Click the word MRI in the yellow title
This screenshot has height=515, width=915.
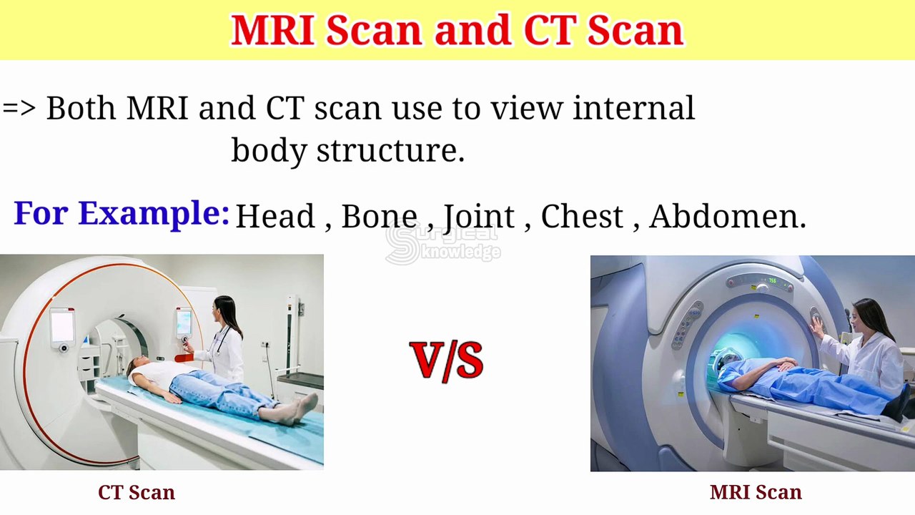(272, 30)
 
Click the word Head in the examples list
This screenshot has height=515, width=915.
(274, 216)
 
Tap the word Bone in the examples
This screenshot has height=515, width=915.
(379, 216)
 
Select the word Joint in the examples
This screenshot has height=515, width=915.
(479, 216)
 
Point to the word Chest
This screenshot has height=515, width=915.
(582, 216)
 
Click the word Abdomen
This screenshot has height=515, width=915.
(726, 216)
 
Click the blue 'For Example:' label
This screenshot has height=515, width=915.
(122, 213)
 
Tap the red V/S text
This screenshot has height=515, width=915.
(447, 360)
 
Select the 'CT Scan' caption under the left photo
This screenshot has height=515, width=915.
(137, 492)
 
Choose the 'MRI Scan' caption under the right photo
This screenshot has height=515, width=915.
(756, 492)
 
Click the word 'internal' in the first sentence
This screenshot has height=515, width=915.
(633, 108)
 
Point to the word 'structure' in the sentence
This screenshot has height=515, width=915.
(390, 150)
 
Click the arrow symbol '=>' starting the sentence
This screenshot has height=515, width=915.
(19, 108)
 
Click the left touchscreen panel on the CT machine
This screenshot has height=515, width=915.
(62, 326)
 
